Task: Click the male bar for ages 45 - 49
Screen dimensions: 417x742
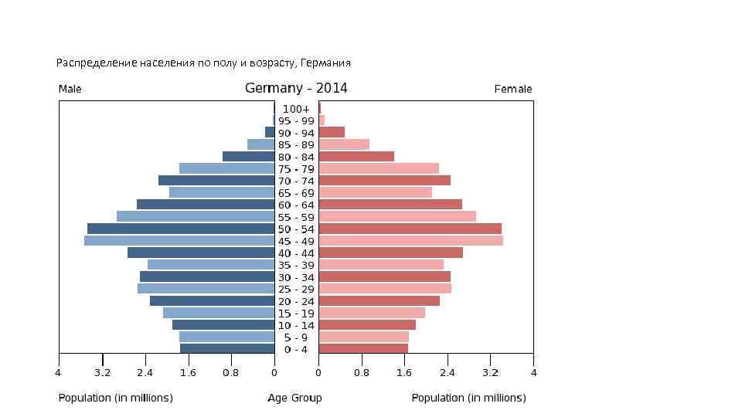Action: pyautogui.click(x=179, y=241)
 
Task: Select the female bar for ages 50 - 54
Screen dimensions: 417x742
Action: pyautogui.click(x=410, y=229)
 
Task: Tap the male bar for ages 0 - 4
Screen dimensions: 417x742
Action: pyautogui.click(x=227, y=349)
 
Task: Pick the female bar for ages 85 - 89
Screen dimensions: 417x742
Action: pyautogui.click(x=344, y=144)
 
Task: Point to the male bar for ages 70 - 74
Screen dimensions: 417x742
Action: pyautogui.click(x=216, y=181)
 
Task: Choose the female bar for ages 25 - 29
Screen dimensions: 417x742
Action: pyautogui.click(x=385, y=289)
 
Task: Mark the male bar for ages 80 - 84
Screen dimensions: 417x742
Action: pyautogui.click(x=248, y=157)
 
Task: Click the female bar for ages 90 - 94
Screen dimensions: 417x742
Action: pyautogui.click(x=332, y=133)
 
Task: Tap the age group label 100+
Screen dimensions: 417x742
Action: pyautogui.click(x=296, y=109)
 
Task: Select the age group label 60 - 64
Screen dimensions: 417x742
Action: pyautogui.click(x=296, y=205)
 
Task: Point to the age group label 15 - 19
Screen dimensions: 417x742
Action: pyautogui.click(x=296, y=313)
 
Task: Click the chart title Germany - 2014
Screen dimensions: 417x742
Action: pyautogui.click(x=296, y=88)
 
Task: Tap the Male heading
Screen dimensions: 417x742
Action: pyautogui.click(x=70, y=89)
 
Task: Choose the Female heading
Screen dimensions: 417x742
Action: pyautogui.click(x=513, y=89)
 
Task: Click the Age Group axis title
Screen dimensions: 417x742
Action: pyautogui.click(x=295, y=398)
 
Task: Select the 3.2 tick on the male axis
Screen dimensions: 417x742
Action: pyautogui.click(x=102, y=373)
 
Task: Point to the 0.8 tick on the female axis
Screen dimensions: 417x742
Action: pyautogui.click(x=362, y=373)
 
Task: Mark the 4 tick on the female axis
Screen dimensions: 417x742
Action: pyautogui.click(x=533, y=373)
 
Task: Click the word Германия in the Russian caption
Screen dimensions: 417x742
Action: pyautogui.click(x=325, y=62)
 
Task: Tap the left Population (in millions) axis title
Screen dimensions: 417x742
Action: pyautogui.click(x=116, y=398)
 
